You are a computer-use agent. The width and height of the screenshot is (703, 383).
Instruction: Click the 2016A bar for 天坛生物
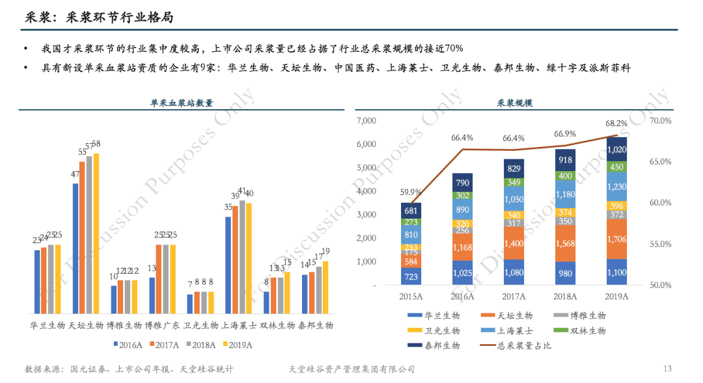coord(76,249)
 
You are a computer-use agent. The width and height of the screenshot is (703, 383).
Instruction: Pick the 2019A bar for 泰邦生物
coord(326,288)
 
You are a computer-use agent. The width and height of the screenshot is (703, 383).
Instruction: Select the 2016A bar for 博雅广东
coord(152,296)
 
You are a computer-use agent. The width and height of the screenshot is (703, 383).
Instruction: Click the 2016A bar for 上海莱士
coord(228,265)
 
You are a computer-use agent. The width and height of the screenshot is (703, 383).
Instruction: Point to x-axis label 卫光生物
coord(200,325)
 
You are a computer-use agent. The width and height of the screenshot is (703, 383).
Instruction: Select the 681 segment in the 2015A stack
coord(411,210)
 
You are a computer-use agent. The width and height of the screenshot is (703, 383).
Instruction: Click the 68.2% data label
coord(616,123)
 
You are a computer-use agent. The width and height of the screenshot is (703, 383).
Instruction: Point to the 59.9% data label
coord(411,192)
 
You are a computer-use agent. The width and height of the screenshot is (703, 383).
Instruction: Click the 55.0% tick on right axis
coord(660,244)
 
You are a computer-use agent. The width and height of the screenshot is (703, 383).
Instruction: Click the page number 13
coord(667,369)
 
